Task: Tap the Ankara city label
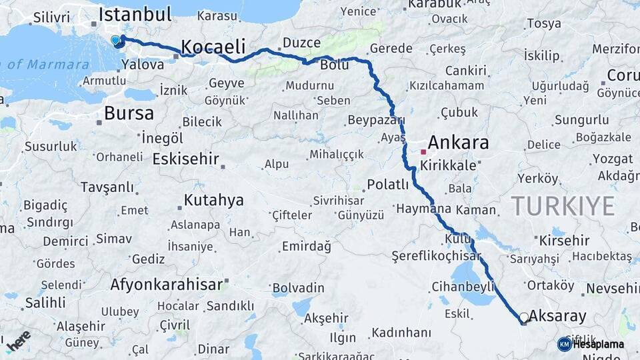point(458,143)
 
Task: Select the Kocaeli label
point(213,47)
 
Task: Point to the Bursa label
point(129,113)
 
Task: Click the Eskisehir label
point(186,159)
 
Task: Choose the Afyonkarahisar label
point(166,285)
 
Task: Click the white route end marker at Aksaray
point(524,318)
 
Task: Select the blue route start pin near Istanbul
point(115,41)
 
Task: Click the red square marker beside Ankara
point(423,152)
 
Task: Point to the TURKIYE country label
point(563,207)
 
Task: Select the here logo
point(18,339)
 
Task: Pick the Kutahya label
point(214,201)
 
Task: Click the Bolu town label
point(335,65)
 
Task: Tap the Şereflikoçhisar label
point(437,256)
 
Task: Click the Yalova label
point(143,65)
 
